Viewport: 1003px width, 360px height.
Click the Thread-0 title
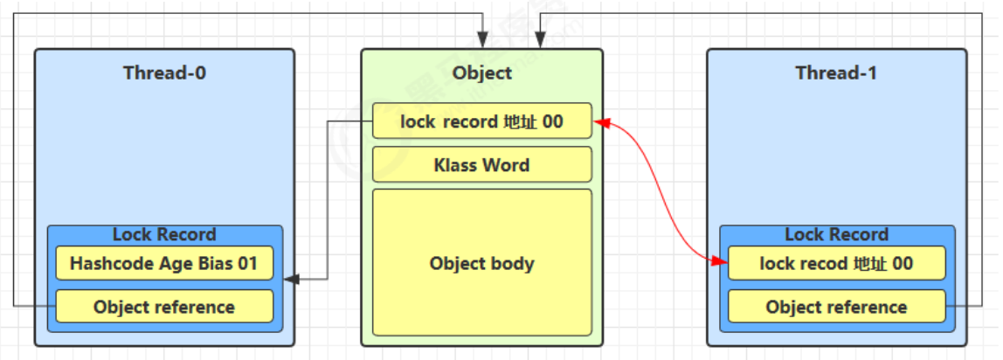coord(164,73)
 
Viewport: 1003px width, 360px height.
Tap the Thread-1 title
coord(836,73)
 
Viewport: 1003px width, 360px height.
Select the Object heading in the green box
coord(481,73)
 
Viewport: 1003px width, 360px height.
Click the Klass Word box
coord(481,164)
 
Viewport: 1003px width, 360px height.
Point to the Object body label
coord(481,263)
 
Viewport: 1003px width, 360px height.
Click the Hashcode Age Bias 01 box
coord(164,263)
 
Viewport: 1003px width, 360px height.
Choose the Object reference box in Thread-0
coord(164,307)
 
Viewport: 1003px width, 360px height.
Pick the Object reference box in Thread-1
coord(836,307)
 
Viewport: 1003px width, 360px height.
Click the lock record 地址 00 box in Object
coord(481,121)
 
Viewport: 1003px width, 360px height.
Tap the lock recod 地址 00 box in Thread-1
coord(836,263)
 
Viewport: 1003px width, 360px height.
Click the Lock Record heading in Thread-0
coord(164,234)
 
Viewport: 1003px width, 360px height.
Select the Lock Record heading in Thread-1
coord(836,234)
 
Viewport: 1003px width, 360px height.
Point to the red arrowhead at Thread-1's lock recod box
coord(721,261)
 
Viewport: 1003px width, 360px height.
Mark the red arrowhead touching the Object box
coord(599,122)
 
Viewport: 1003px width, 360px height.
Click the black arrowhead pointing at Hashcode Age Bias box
coord(292,280)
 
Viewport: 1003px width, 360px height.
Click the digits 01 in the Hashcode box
coord(247,263)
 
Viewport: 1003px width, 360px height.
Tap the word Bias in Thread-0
coord(212,263)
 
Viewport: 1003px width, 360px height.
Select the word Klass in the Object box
coord(453,164)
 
